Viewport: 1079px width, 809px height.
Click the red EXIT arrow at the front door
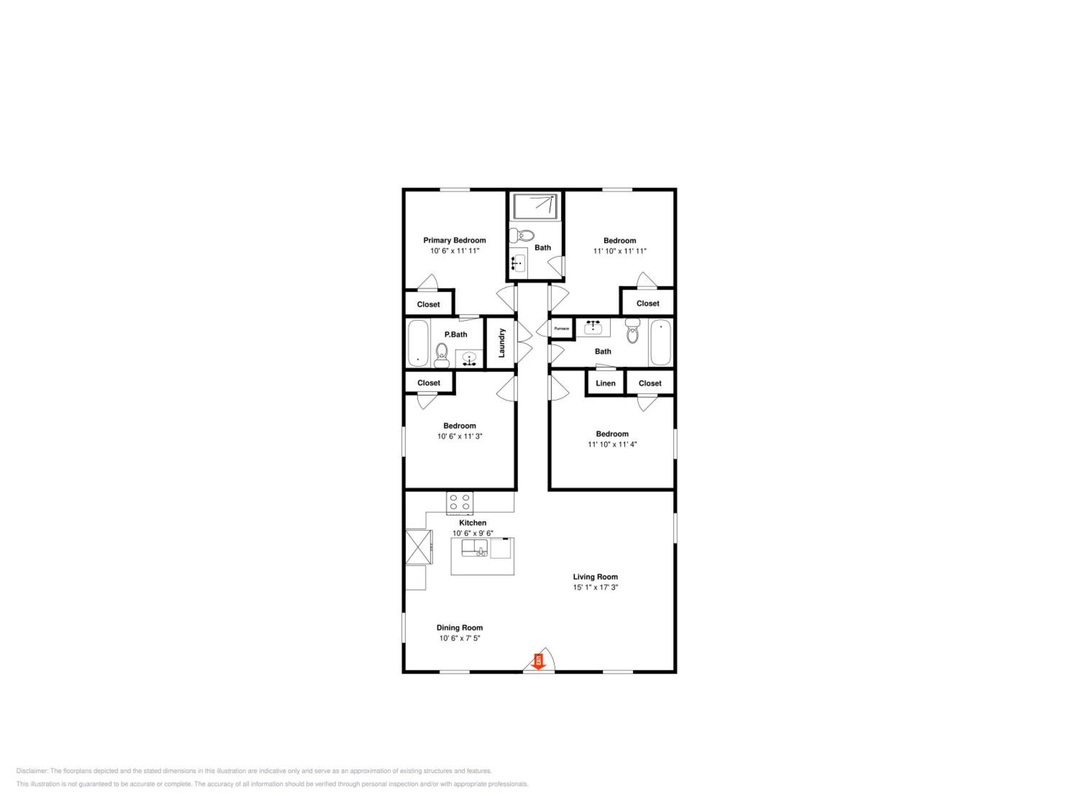tap(538, 662)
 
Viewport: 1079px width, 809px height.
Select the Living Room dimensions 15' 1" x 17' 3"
tap(595, 588)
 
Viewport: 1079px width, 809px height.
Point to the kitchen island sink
tap(475, 548)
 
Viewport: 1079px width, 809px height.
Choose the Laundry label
tap(501, 343)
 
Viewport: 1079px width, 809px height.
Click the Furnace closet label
tap(561, 329)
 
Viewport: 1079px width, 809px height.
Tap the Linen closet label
tap(605, 383)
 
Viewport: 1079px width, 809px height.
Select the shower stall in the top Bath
tap(535, 206)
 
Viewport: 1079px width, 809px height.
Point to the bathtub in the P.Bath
tap(418, 343)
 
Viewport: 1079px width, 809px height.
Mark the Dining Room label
tap(460, 627)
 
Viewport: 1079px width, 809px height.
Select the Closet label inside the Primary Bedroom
tap(428, 304)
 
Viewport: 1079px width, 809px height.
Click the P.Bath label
tap(456, 334)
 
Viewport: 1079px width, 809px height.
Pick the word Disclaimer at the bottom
tap(32, 771)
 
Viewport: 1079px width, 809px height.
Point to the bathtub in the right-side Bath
tap(660, 342)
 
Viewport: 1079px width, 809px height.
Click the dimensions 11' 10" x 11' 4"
tap(612, 444)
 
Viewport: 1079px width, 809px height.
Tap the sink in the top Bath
tap(518, 263)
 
